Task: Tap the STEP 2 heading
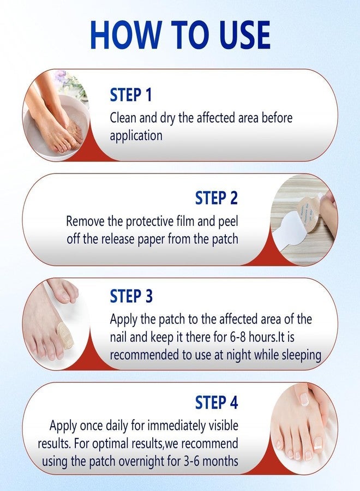217,198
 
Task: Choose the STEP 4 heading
217,403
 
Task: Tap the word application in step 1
136,135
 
